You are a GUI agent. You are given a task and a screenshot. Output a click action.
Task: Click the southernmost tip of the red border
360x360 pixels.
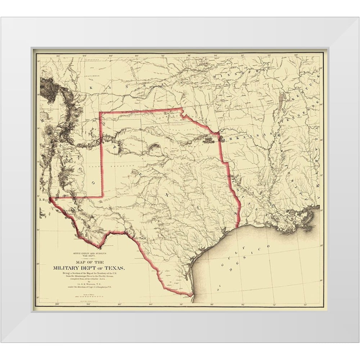tap(191, 296)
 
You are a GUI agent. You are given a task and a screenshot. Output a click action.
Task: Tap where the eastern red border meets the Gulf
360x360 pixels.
tap(237, 227)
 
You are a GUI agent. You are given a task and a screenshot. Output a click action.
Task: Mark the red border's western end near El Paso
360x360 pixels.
tap(50, 198)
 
